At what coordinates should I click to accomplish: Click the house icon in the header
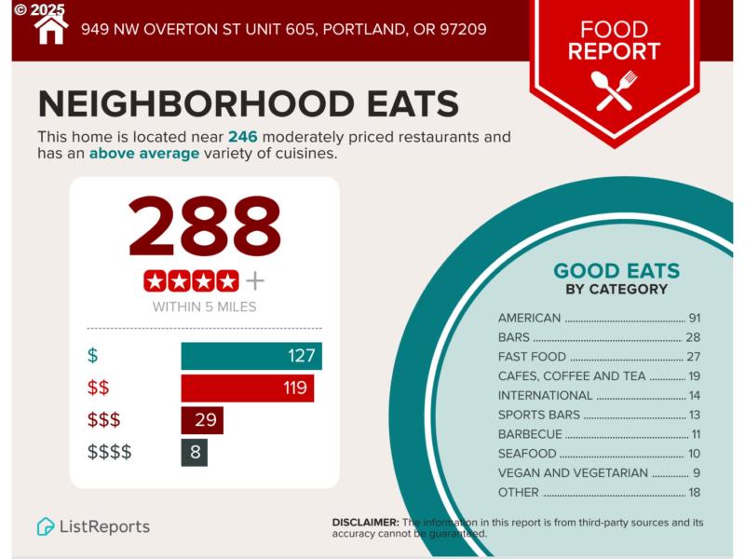point(51,28)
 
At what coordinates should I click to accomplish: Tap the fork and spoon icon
point(615,90)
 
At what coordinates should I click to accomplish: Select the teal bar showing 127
point(251,356)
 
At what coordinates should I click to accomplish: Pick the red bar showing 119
point(247,388)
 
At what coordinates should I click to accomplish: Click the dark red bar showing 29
point(201,420)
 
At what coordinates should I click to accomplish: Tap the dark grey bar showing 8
point(194,453)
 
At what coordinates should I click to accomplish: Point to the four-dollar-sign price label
point(110,453)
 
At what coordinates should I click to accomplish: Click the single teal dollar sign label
point(92,356)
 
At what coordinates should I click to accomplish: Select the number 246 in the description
point(242,137)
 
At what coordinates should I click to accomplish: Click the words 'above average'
point(144,154)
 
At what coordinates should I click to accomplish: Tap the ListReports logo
point(93,526)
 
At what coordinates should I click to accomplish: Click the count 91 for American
point(694,318)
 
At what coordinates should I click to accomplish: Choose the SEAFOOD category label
point(527,454)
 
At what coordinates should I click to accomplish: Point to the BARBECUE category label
point(530,434)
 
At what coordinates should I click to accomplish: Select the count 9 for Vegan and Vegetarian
point(697,473)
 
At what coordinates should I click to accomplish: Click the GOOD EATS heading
point(616,271)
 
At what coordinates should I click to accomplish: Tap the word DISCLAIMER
point(365,523)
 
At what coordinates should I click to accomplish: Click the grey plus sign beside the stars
point(254,280)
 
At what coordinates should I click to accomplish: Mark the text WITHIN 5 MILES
point(204,307)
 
